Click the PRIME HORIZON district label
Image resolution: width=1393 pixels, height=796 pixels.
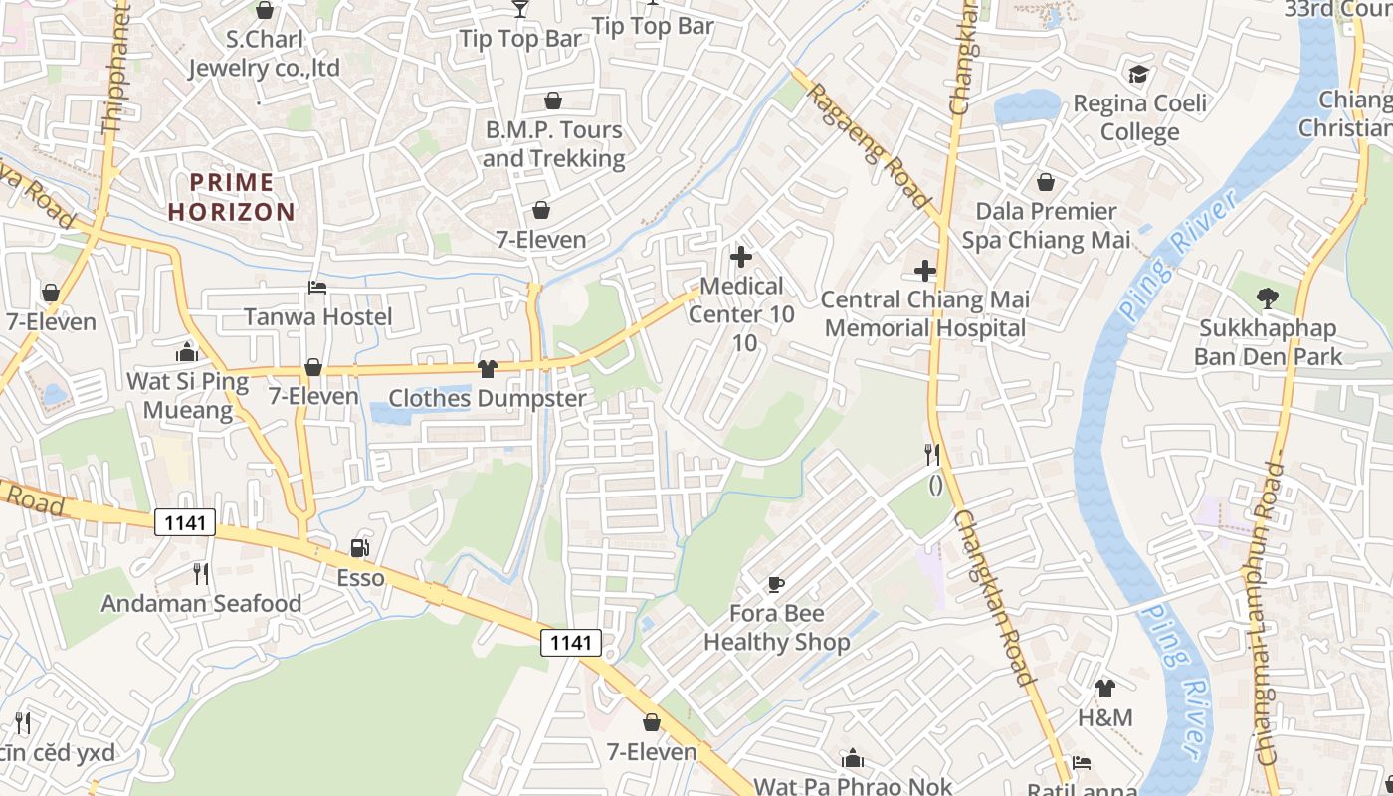pyautogui.click(x=232, y=197)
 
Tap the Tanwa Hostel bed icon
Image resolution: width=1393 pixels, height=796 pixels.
pyautogui.click(x=317, y=288)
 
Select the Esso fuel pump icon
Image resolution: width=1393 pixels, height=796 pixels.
pyautogui.click(x=359, y=548)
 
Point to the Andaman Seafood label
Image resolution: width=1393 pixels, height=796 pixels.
pyautogui.click(x=201, y=603)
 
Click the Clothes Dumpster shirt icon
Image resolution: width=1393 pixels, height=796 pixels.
pyautogui.click(x=487, y=369)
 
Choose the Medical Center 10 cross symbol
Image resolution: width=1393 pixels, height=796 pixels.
pyautogui.click(x=741, y=257)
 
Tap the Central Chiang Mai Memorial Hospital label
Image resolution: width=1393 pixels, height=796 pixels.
pyautogui.click(x=924, y=313)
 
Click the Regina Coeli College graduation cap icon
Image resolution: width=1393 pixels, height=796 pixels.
pyautogui.click(x=1138, y=74)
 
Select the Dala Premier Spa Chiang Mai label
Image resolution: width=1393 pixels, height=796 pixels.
pyautogui.click(x=1046, y=225)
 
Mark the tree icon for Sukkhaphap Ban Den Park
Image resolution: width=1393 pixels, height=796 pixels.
pyautogui.click(x=1267, y=298)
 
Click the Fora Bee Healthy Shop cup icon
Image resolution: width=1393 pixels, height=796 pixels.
pyautogui.click(x=776, y=584)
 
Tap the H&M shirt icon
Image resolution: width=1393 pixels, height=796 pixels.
pyautogui.click(x=1104, y=688)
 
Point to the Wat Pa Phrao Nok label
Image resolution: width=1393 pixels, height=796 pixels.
pyautogui.click(x=853, y=786)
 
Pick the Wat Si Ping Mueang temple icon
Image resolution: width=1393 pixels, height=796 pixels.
pyautogui.click(x=187, y=352)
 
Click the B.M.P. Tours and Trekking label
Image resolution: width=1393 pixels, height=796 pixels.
pyautogui.click(x=553, y=144)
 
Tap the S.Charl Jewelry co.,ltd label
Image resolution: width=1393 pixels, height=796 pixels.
pyautogui.click(x=265, y=54)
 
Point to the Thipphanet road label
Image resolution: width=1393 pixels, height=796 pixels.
pyautogui.click(x=115, y=70)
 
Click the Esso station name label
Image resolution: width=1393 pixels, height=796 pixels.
pyautogui.click(x=360, y=578)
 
